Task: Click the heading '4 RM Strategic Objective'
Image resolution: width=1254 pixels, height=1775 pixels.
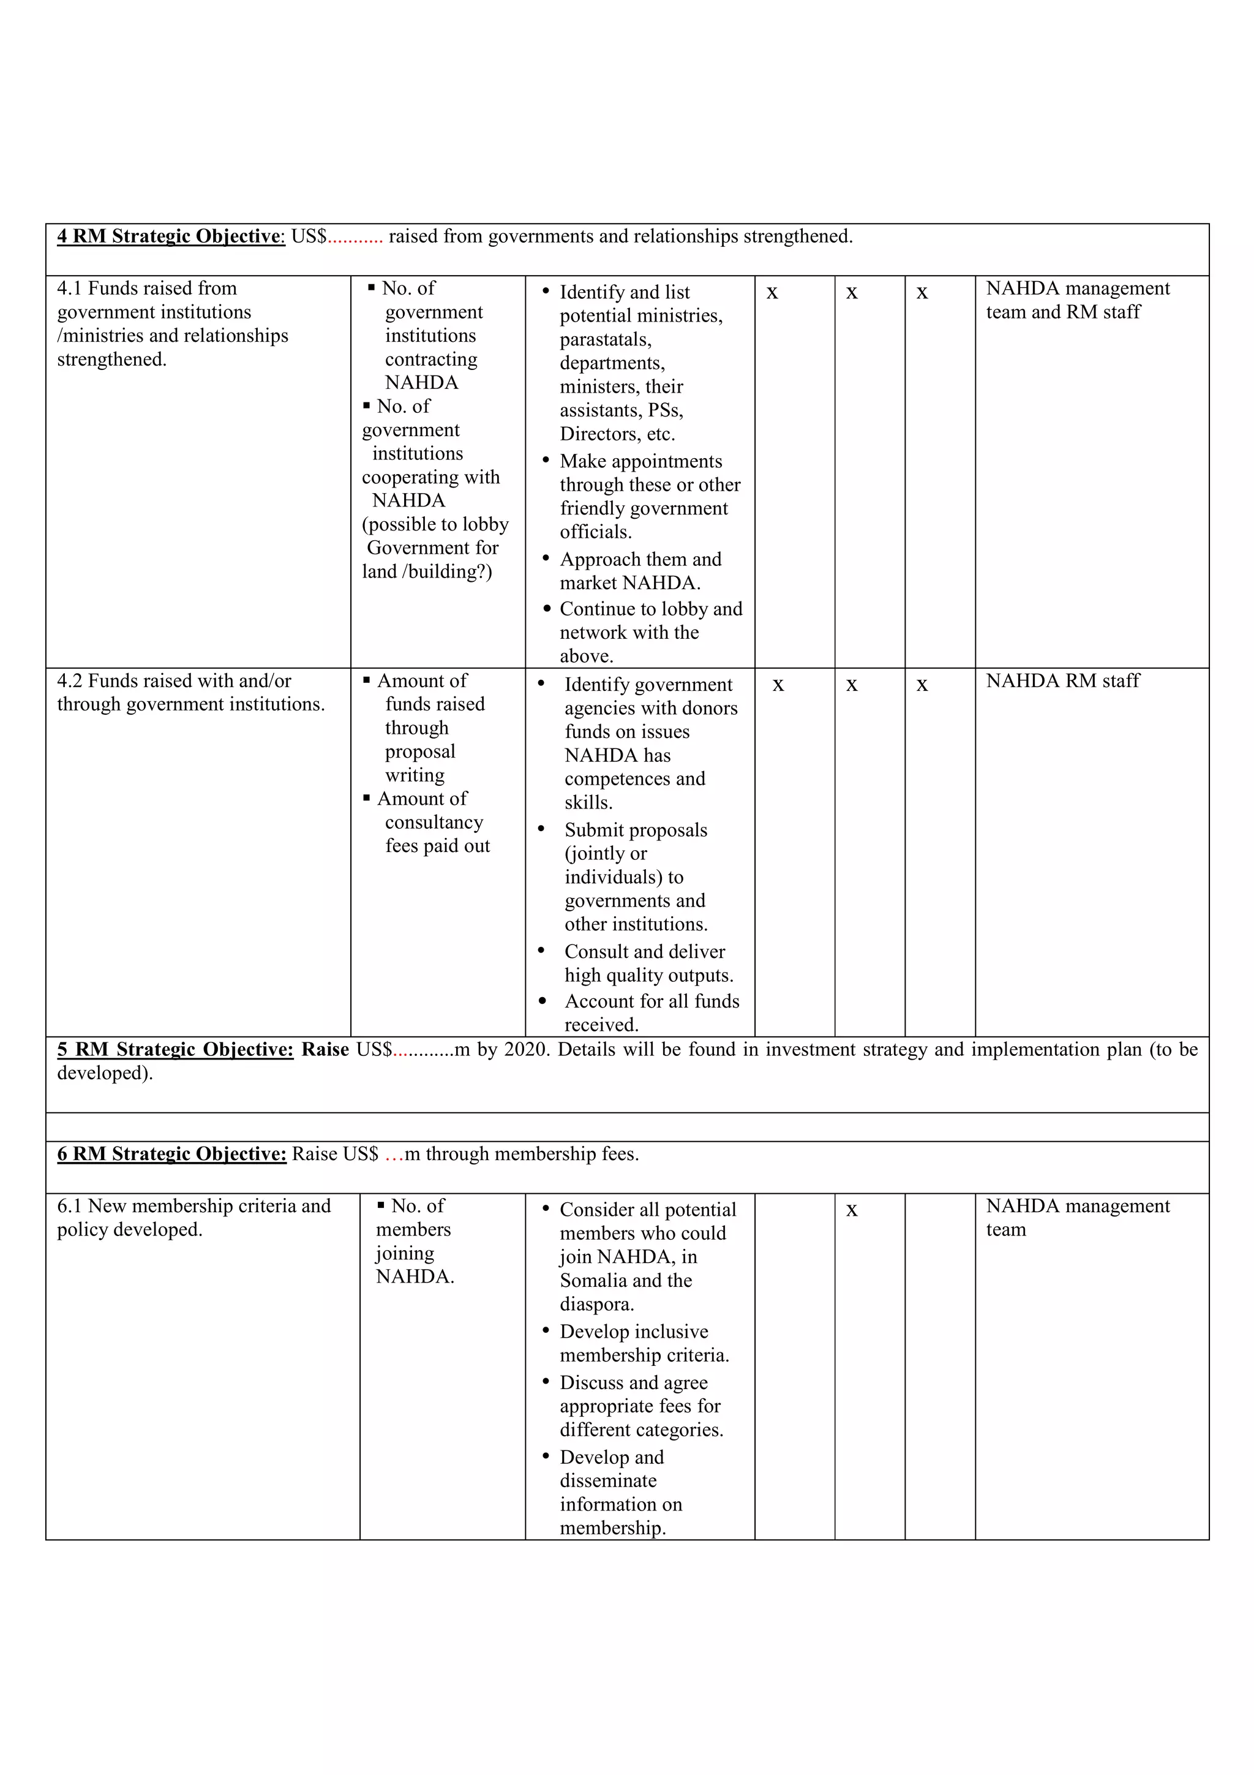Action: (171, 236)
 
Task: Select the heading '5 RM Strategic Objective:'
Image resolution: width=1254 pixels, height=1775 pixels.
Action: (175, 1050)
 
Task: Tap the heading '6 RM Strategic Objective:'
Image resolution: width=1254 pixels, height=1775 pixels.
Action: (171, 1154)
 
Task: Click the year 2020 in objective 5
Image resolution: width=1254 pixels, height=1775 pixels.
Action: (525, 1050)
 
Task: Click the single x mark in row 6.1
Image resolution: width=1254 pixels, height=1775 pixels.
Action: (852, 1210)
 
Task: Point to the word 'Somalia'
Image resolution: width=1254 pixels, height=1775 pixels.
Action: (594, 1280)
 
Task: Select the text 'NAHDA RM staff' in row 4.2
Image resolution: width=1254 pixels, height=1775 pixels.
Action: (1062, 681)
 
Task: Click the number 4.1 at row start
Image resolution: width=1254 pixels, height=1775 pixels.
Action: (70, 288)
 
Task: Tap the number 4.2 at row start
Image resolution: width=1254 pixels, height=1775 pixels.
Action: (70, 681)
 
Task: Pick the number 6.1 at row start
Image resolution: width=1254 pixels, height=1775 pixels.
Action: (70, 1206)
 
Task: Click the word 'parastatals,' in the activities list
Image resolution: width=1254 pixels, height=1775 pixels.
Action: (605, 339)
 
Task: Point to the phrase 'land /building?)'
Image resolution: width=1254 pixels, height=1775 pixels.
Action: (427, 571)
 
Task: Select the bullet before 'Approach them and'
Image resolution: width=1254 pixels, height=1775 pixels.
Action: (546, 557)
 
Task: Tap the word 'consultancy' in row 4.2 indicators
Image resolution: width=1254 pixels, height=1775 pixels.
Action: (434, 823)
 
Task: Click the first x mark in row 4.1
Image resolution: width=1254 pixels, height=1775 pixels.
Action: (772, 293)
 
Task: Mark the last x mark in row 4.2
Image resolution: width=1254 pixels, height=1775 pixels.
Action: (922, 685)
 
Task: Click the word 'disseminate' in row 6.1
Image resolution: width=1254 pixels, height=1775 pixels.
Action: (608, 1480)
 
